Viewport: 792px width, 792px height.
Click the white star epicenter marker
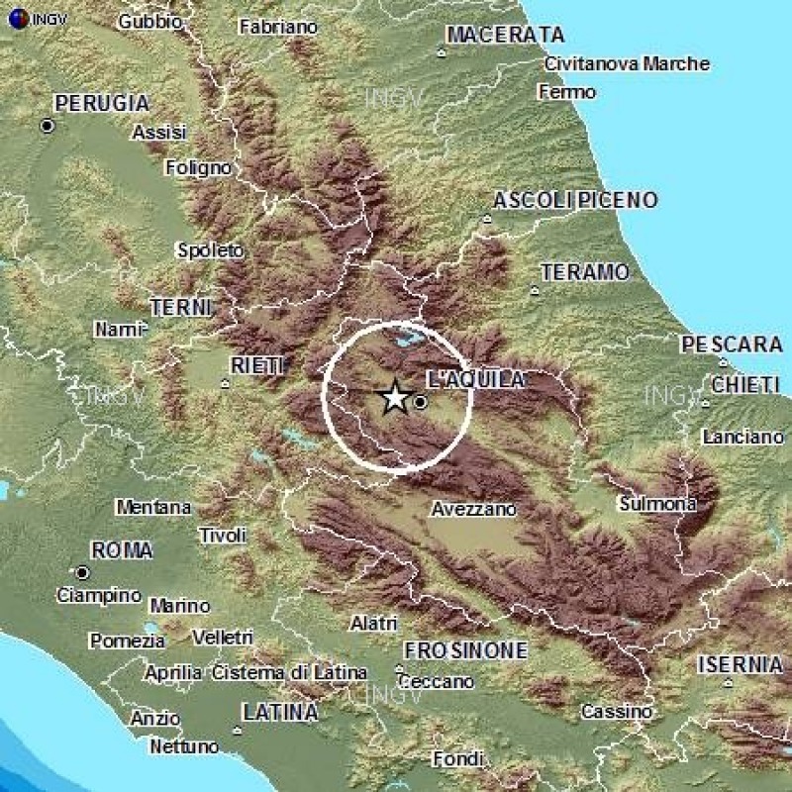[394, 398]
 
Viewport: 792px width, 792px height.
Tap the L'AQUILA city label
[475, 379]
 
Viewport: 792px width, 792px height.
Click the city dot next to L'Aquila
[420, 402]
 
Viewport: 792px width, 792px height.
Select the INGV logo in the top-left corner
[27, 18]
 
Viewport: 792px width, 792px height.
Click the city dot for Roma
[82, 572]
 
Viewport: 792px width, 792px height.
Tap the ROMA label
[121, 550]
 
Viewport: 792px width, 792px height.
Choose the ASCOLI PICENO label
[574, 201]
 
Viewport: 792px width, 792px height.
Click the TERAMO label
[585, 272]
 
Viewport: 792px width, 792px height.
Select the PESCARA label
[731, 346]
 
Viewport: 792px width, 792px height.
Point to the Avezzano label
[474, 510]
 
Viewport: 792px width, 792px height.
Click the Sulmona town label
[657, 504]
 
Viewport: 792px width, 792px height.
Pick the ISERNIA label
[739, 664]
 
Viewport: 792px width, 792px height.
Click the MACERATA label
[505, 36]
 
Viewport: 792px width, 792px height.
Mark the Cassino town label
[616, 712]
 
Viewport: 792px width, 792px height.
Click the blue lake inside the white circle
[406, 340]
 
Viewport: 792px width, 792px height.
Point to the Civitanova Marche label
[627, 64]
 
